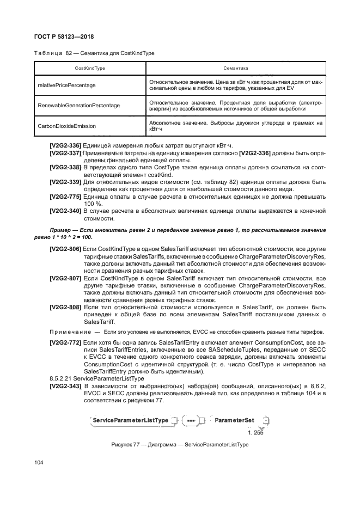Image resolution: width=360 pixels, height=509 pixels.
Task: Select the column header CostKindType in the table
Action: click(89, 68)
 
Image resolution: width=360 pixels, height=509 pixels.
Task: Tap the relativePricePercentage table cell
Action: click(66, 85)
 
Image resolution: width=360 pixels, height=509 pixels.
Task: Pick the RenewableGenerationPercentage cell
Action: click(78, 105)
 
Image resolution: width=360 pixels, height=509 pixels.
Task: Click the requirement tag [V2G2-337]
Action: click(65, 154)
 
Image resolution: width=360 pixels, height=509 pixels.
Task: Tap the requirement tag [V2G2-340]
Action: click(65, 210)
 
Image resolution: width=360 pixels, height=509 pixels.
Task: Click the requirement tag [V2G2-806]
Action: click(65, 249)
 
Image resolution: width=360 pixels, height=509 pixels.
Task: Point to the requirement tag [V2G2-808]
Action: click(65, 308)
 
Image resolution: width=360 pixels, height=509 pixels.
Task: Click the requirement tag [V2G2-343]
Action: click(65, 386)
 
